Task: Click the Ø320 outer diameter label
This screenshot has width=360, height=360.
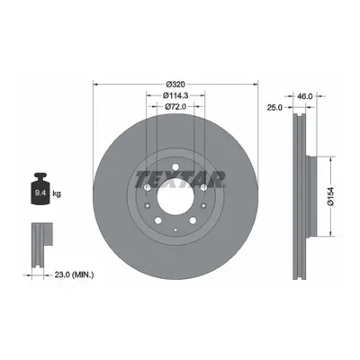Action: click(x=175, y=84)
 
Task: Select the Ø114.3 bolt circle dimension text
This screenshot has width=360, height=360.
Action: click(x=175, y=95)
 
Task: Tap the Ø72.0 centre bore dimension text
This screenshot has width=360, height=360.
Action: click(x=175, y=106)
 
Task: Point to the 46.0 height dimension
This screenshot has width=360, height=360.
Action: click(x=305, y=96)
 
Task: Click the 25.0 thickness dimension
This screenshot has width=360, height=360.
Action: click(x=274, y=107)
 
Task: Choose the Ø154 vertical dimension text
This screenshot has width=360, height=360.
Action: click(x=331, y=196)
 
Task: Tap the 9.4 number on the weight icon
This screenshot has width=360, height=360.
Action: click(x=40, y=193)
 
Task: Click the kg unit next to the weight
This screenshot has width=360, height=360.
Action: click(x=57, y=193)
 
